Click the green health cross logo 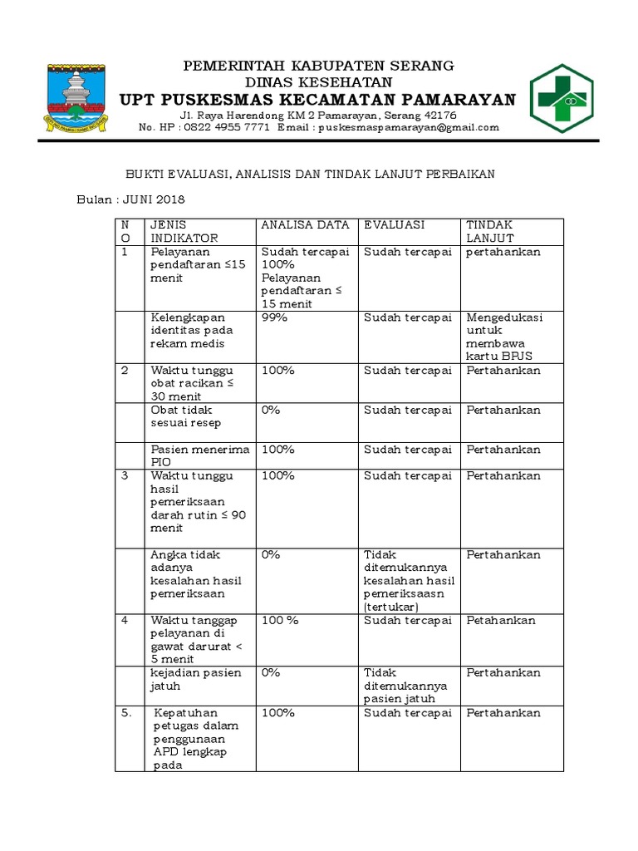(x=562, y=97)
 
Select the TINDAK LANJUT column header (x=489, y=232)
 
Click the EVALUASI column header (x=395, y=225)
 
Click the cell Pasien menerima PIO (x=199, y=456)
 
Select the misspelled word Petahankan (x=501, y=621)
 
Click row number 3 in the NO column (x=125, y=476)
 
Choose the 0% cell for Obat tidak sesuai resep (x=271, y=411)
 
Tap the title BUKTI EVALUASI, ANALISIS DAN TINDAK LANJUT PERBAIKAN (x=321, y=174)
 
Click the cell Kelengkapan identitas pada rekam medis (x=193, y=331)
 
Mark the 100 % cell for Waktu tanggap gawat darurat (x=280, y=621)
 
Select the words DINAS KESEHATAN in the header (x=318, y=82)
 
